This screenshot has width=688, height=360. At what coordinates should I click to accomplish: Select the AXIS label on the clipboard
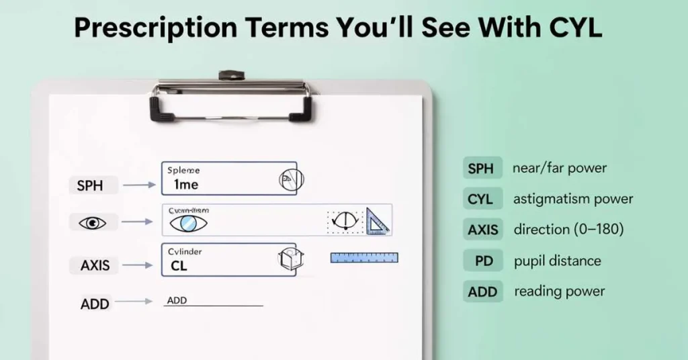(91, 265)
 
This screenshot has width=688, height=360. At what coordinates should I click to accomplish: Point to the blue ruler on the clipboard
(364, 257)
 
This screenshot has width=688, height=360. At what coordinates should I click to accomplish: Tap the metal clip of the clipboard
(232, 97)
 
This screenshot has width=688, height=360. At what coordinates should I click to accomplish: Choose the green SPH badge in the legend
(480, 169)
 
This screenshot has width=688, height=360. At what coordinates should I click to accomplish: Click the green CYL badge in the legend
(480, 199)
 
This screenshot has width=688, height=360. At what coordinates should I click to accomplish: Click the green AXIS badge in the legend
(483, 230)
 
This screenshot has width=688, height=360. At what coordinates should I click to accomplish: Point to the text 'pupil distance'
(557, 261)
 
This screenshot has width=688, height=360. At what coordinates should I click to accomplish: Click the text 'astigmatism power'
(572, 199)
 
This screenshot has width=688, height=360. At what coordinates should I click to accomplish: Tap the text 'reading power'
(559, 291)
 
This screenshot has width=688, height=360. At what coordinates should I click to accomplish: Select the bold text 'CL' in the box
(179, 266)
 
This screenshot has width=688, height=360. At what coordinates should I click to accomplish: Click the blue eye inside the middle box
(188, 223)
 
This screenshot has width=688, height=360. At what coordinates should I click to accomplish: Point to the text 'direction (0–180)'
(568, 230)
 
